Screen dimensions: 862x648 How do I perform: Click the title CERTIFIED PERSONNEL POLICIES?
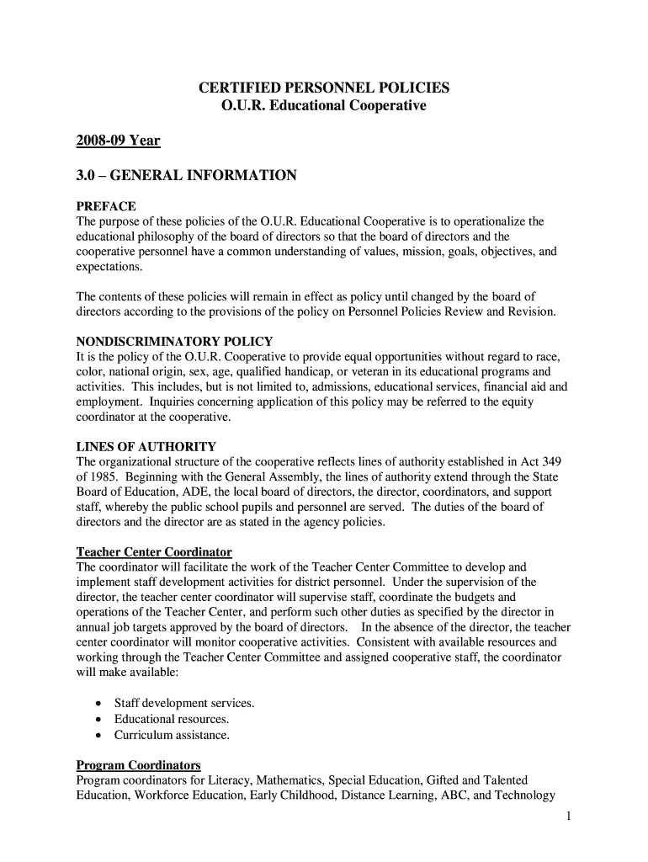click(x=323, y=88)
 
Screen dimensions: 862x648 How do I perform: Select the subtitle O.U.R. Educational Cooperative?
click(x=323, y=107)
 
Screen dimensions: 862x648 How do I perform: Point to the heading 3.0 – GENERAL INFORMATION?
click(x=186, y=176)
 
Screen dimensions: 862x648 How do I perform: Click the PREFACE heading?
click(x=106, y=206)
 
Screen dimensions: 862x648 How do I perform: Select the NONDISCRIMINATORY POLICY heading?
click(x=174, y=342)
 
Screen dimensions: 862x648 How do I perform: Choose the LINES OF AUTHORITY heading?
click(x=146, y=447)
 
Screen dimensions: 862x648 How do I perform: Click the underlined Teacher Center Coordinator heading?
click(x=154, y=552)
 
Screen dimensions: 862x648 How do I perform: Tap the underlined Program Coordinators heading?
click(x=139, y=765)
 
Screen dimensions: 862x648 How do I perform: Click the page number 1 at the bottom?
click(x=570, y=816)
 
